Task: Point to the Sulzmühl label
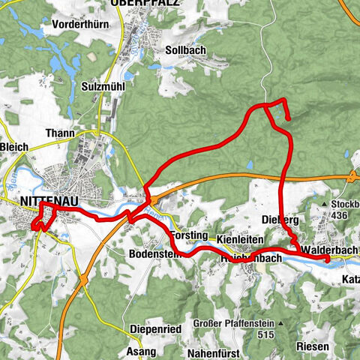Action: [x=103, y=86]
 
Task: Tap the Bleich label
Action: [x=13, y=146]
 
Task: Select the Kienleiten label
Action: [x=241, y=238]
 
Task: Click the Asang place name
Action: [x=141, y=351]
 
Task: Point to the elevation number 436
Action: [x=340, y=215]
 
